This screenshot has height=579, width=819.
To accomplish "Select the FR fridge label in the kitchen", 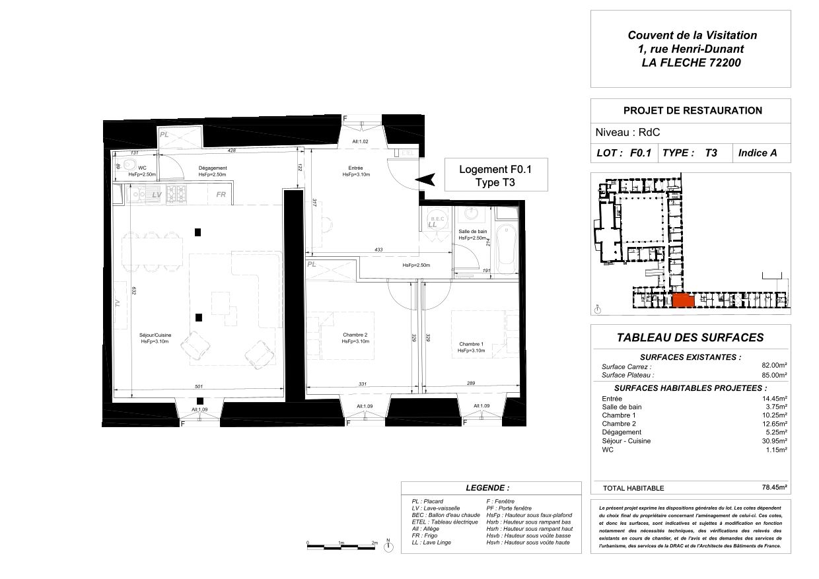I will [221, 195].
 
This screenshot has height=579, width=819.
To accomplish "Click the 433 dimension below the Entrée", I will [378, 250].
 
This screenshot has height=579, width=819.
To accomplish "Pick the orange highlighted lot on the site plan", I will [682, 301].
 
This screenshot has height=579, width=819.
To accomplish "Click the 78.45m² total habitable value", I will [775, 488].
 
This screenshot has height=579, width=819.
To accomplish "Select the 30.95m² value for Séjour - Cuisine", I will [775, 440].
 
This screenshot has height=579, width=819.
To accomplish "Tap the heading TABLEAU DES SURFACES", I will [690, 337].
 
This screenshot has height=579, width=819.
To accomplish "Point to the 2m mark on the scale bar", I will [374, 542].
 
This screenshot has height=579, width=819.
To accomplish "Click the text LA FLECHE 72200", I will [691, 63].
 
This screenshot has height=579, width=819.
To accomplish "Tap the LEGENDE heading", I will [487, 488].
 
